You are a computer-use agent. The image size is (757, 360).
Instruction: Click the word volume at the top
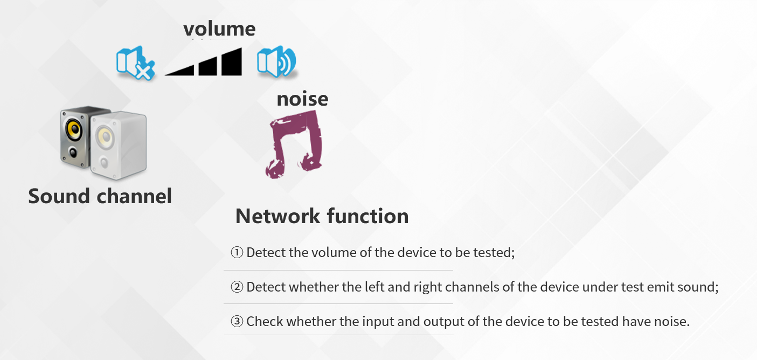[219, 29]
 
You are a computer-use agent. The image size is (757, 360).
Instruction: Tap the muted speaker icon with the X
[135, 63]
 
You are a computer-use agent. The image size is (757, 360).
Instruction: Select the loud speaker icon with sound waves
[276, 62]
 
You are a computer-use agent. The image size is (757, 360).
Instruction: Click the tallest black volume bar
[232, 62]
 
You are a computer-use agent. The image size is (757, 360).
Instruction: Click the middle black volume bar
[208, 66]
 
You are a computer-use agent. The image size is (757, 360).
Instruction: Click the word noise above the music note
[302, 99]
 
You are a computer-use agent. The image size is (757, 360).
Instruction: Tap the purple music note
[295, 144]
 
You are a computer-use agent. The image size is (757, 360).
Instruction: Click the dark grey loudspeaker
[75, 137]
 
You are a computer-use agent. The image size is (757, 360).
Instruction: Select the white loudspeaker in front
[119, 146]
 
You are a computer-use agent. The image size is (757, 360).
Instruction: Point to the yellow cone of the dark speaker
[74, 129]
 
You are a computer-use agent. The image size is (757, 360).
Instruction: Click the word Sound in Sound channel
[59, 196]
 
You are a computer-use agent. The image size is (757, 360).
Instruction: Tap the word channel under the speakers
[134, 196]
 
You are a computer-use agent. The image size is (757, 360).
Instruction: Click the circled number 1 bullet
[237, 253]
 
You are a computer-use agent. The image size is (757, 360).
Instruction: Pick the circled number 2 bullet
[237, 287]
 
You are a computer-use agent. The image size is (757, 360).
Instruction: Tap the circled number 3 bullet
[237, 321]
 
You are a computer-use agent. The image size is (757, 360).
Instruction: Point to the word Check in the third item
[265, 321]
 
